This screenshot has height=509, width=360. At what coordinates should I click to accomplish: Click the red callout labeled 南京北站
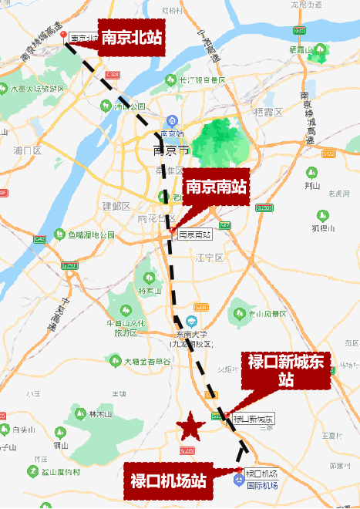point(131,35)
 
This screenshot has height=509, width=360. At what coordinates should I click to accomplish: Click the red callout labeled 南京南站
point(216,187)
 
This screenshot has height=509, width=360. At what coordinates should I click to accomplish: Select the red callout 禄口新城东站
point(286,370)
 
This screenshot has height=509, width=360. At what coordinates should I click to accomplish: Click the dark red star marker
point(188,425)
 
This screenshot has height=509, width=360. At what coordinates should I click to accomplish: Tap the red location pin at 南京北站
point(64,36)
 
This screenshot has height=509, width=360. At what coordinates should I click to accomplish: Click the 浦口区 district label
point(28,150)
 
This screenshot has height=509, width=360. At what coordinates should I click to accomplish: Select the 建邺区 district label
point(117,206)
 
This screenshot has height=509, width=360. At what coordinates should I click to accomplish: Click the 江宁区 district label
point(209,258)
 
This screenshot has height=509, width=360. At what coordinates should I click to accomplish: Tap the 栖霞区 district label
point(269,112)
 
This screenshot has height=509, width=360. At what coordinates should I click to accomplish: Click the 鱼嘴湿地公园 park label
point(91,235)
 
